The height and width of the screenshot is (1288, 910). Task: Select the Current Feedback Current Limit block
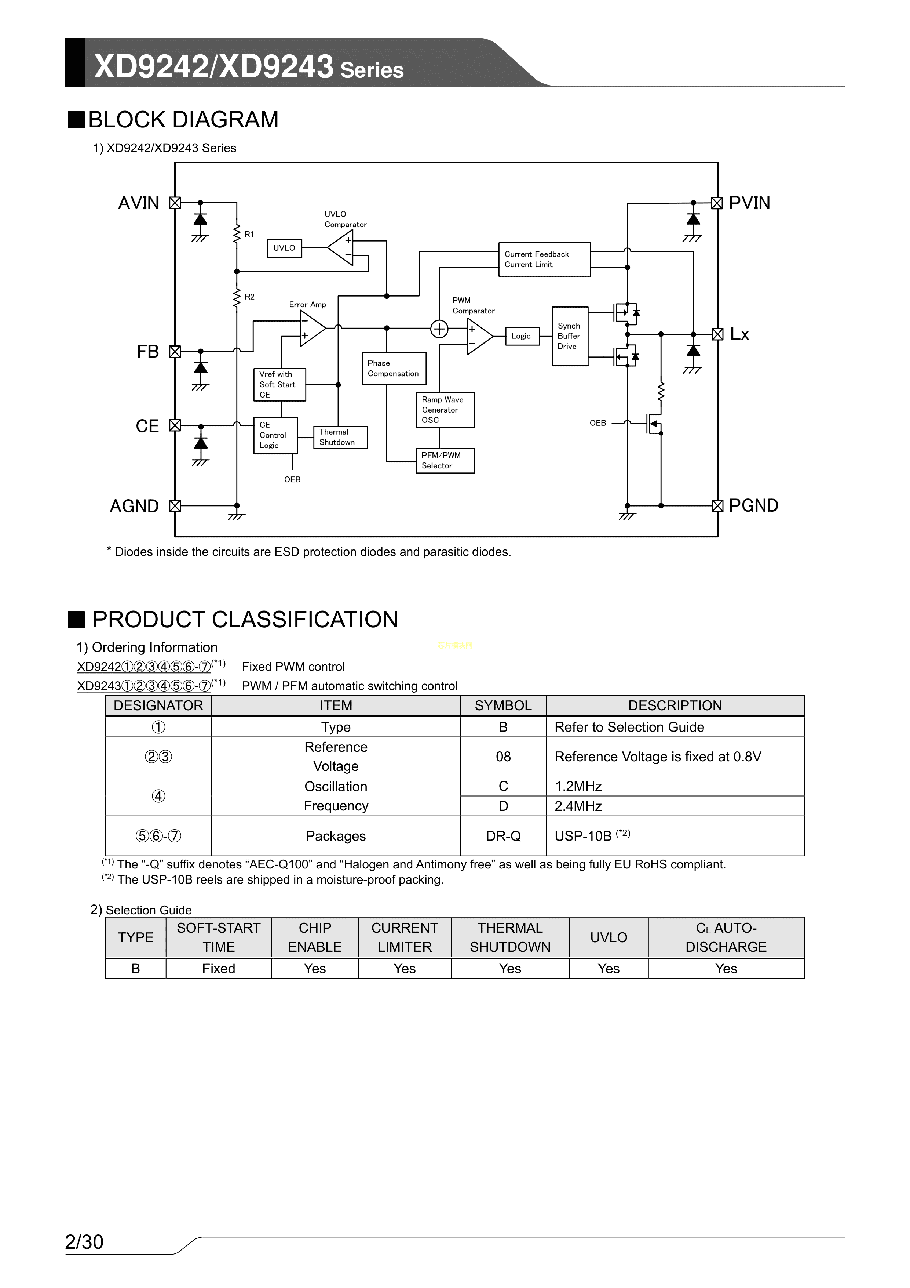point(544,259)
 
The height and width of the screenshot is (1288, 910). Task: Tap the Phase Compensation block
point(394,369)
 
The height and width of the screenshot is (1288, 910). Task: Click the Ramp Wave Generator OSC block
point(445,410)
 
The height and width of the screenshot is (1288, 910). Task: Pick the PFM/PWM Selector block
point(445,461)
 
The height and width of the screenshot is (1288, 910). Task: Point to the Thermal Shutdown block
point(340,437)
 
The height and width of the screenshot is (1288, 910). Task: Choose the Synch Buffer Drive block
point(570,336)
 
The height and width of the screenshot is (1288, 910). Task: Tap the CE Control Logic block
point(275,435)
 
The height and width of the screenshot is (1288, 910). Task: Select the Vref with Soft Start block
point(279,385)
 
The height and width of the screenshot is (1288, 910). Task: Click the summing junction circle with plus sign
point(439,329)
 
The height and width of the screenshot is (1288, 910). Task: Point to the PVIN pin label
point(749,203)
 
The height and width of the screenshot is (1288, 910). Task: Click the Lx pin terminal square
point(717,334)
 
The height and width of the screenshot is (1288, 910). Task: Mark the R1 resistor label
point(249,235)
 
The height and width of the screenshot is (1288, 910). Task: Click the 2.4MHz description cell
point(675,806)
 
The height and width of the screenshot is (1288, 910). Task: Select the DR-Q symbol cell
point(503,836)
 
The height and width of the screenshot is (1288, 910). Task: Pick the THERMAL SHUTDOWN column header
point(510,937)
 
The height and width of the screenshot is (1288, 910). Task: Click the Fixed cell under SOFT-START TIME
point(219,969)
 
